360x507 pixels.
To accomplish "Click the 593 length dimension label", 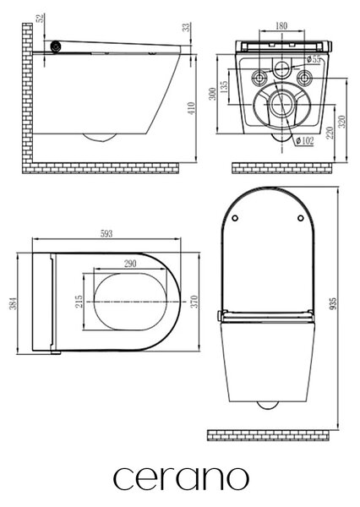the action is (106, 233).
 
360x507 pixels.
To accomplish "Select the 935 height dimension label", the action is (334, 303).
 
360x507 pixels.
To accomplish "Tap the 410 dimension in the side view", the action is (192, 108).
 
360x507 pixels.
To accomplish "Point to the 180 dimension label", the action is (281, 25).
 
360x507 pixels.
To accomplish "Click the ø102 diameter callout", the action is (304, 140).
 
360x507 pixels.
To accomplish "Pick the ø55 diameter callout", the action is (314, 59).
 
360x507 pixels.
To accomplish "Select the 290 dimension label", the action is (130, 264).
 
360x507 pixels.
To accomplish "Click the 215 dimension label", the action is (79, 302).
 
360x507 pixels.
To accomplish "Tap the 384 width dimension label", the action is (13, 303).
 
